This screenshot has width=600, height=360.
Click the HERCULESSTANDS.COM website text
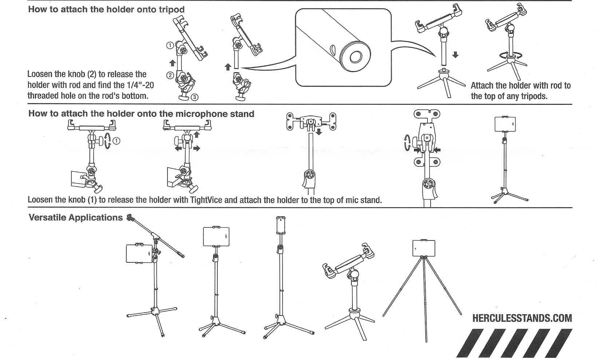tap(522, 318)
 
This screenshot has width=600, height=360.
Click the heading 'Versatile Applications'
tap(75, 218)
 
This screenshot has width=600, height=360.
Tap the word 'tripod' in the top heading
tap(171, 9)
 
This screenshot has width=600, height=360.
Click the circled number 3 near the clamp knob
tap(195, 97)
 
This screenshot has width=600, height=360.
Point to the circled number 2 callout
tap(170, 75)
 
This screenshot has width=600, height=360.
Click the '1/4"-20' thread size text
tap(140, 85)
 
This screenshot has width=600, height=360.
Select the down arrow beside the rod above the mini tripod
tap(455, 55)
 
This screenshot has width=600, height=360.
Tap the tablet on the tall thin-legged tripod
tap(423, 248)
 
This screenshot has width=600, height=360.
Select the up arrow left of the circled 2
tap(173, 63)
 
